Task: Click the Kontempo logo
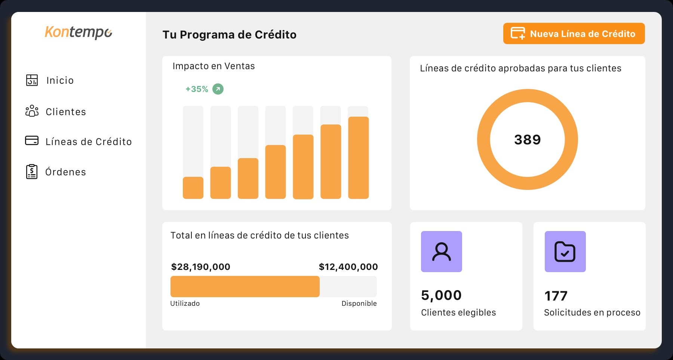pos(79,32)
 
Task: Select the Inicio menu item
pos(60,80)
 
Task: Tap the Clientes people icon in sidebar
pos(32,111)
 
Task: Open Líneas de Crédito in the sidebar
pos(88,142)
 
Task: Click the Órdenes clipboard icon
pos(32,172)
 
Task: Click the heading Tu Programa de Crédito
pos(229,35)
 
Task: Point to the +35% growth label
pos(197,89)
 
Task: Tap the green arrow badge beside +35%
pos(218,89)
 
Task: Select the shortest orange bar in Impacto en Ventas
pos(193,188)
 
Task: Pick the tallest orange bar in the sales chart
pos(358,157)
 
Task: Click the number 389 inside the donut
pos(527,139)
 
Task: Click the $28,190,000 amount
pos(200,267)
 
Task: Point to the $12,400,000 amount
pos(348,267)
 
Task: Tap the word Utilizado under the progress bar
pos(185,304)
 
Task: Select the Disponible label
pos(359,304)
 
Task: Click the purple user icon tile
pos(441,252)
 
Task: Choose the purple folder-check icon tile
pos(565,252)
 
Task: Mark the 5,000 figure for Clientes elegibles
pos(441,295)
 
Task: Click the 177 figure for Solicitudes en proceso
pos(556,296)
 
